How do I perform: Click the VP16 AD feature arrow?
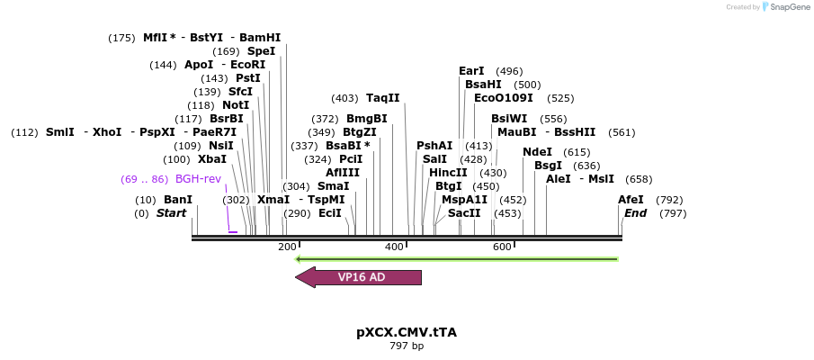(360, 277)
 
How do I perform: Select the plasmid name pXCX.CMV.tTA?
(407, 331)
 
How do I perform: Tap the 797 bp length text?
(407, 346)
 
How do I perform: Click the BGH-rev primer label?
(198, 179)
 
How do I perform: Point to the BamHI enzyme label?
(260, 38)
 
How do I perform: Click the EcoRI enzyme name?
(248, 65)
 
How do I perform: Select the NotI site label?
(236, 105)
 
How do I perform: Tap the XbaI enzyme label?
(211, 159)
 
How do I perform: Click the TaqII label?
(382, 98)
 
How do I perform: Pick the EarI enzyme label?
(471, 71)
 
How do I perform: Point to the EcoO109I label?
(504, 98)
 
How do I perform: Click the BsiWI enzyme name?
(509, 119)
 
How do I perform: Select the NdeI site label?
(537, 152)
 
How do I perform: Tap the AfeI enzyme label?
(631, 200)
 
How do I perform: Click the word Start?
(171, 213)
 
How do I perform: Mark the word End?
(635, 213)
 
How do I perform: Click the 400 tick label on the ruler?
(394, 247)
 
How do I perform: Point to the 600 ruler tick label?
(502, 247)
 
